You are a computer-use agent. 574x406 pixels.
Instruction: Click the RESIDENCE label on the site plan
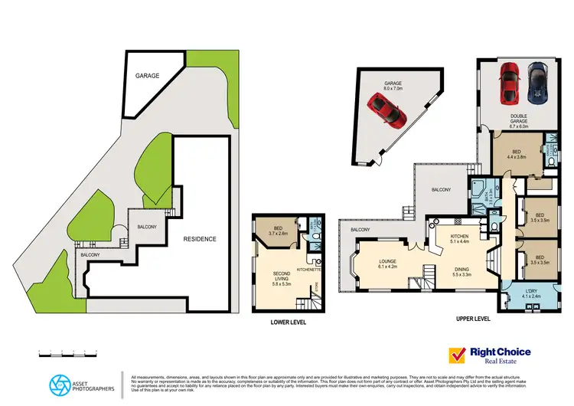(x=199, y=239)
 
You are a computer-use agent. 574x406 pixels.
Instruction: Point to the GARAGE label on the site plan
(x=147, y=77)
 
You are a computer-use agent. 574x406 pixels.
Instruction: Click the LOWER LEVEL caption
(x=289, y=323)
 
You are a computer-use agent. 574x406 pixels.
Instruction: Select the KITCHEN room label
(x=459, y=236)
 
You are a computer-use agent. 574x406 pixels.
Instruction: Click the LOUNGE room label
(x=388, y=262)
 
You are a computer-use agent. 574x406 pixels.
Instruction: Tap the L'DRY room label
(x=531, y=293)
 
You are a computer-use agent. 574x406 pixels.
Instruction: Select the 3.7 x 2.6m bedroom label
(x=278, y=230)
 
